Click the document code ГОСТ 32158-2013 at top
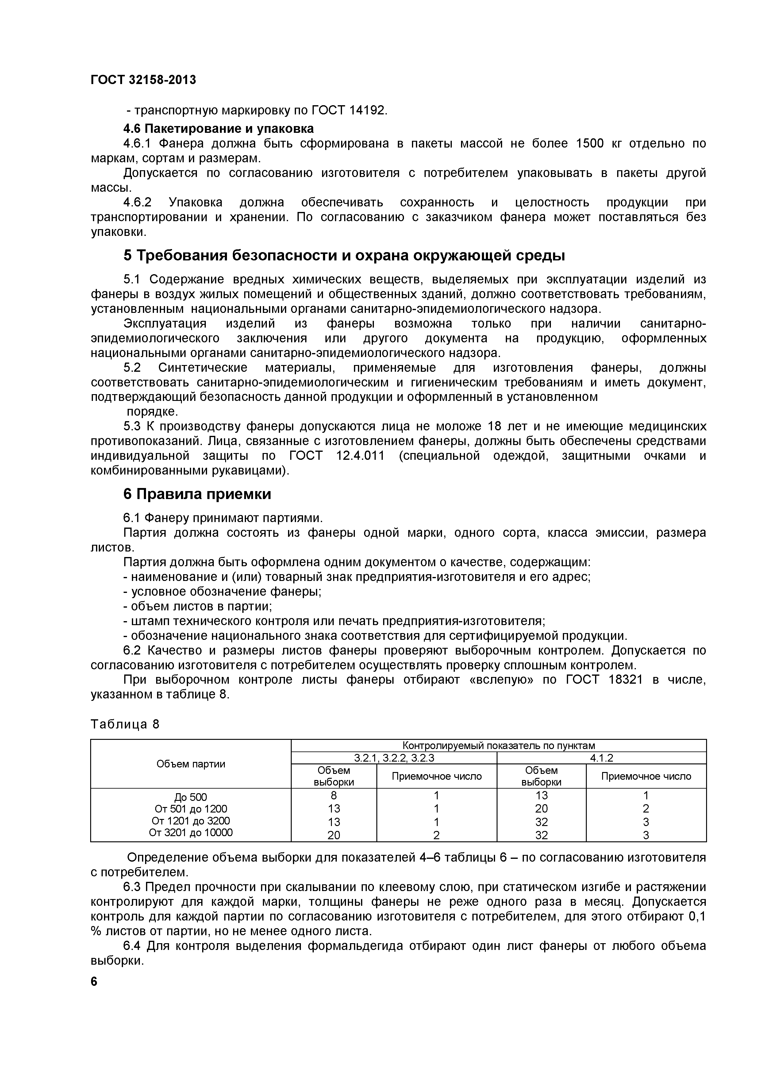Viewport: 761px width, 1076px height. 143,80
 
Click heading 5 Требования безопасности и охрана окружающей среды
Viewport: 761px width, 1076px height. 344,256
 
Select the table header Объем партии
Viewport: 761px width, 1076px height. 191,764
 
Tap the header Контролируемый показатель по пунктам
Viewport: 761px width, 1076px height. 498,746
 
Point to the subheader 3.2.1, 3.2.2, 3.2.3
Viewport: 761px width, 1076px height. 394,758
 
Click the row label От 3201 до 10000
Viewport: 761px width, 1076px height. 191,832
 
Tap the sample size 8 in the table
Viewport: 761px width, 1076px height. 334,795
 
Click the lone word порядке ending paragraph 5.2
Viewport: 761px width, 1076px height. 153,412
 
